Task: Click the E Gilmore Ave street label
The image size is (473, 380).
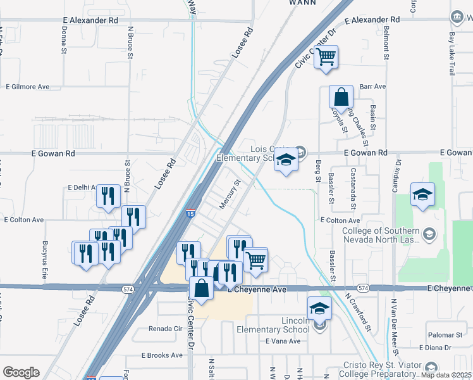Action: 27,87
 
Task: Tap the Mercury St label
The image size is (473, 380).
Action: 230,194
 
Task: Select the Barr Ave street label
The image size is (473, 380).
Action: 372,86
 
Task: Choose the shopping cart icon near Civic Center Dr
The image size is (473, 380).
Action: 326,57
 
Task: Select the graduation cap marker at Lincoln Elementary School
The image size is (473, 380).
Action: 319,309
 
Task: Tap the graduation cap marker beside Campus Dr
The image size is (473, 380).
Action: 422,195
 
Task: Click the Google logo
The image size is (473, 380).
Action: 21,372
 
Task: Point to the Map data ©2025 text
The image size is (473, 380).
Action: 446,375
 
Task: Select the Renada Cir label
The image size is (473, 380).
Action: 165,329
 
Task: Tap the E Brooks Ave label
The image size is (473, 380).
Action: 162,355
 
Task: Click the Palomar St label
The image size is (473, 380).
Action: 445,334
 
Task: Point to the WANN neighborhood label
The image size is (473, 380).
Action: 302,3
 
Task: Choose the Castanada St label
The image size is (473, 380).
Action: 353,189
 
